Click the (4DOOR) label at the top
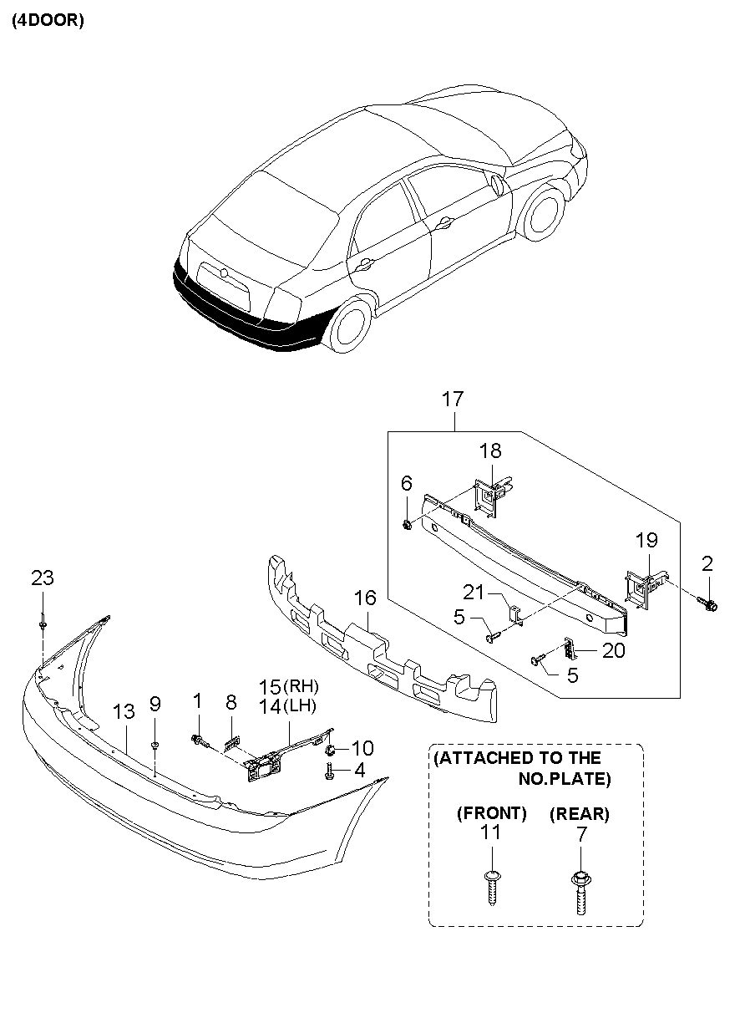[x=48, y=22]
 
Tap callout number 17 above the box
[x=454, y=400]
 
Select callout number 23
[x=43, y=577]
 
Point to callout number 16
[x=365, y=598]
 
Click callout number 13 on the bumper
[x=123, y=711]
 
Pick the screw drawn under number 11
[x=492, y=887]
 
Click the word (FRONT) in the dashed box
[x=492, y=812]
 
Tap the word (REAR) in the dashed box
[x=580, y=812]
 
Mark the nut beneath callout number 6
[x=407, y=525]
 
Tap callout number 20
[x=613, y=650]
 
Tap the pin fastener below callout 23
[x=42, y=624]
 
